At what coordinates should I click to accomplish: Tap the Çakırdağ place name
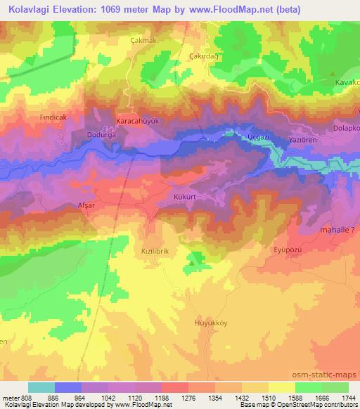coord(205,56)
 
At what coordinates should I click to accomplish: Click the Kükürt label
coord(184,197)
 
